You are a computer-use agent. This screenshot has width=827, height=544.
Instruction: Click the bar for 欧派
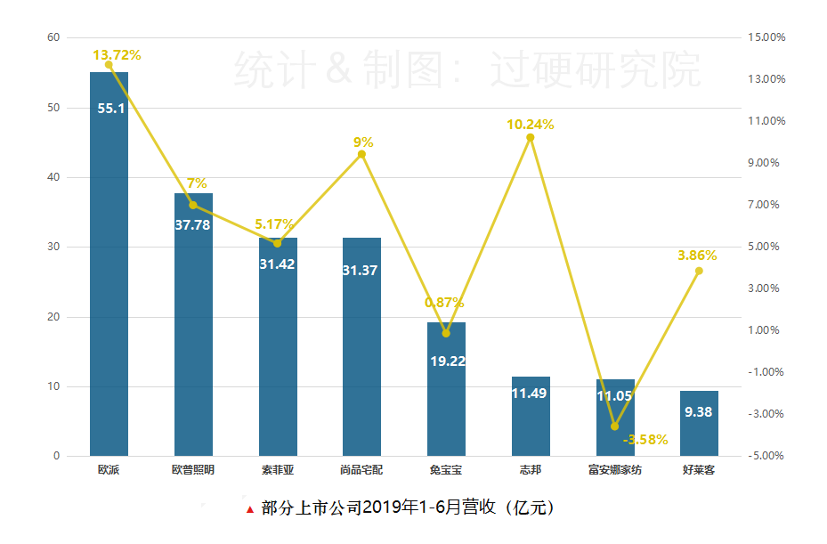pos(109,267)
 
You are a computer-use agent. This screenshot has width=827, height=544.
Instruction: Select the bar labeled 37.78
pos(193,329)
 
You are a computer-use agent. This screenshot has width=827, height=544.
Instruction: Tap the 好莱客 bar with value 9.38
pos(699,424)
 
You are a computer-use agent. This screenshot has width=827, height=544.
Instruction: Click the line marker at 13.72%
pos(109,65)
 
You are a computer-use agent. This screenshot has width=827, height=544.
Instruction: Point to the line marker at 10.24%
pos(531,137)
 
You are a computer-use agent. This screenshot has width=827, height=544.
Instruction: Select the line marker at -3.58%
pos(614,426)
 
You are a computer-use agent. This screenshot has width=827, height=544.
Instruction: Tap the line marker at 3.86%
pos(699,271)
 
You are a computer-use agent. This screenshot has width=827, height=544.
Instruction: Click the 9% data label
pos(363,142)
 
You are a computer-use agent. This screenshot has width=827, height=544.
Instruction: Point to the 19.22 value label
pos(446,361)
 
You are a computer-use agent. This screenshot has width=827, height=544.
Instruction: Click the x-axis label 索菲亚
pos(277,469)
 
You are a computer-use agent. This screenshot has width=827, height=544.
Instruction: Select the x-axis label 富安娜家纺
pos(614,469)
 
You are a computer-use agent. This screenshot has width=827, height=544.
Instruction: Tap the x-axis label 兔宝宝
pos(445,469)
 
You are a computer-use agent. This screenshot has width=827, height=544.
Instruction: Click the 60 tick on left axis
pos(53,37)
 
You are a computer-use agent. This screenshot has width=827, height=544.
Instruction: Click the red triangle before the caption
pos(249,510)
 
